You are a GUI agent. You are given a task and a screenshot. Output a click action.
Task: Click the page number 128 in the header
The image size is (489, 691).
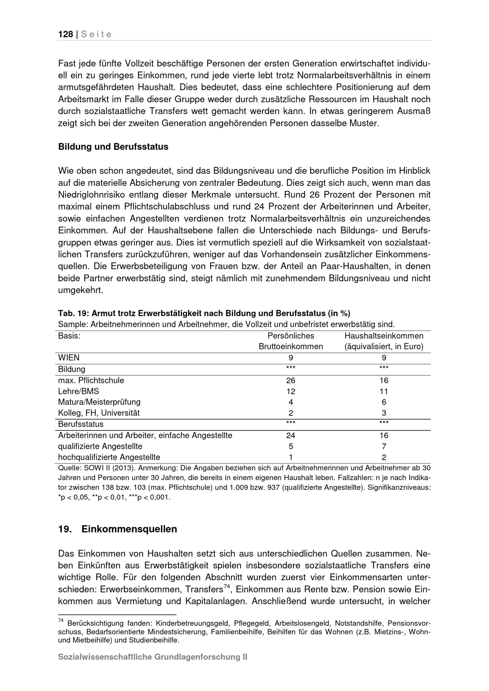click(66, 34)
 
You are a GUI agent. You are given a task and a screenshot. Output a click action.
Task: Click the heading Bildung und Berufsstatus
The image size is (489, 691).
click(113, 147)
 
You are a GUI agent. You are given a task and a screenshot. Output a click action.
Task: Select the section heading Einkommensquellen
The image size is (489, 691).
click(129, 529)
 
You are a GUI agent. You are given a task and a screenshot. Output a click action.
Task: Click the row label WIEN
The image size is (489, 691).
click(69, 358)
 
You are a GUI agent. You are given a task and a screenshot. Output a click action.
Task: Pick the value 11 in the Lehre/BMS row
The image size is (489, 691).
click(384, 391)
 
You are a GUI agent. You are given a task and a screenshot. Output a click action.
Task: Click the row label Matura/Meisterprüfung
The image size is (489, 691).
click(99, 402)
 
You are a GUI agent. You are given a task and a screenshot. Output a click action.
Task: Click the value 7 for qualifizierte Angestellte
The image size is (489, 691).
click(384, 446)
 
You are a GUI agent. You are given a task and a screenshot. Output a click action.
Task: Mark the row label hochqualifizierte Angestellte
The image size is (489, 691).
click(109, 457)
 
